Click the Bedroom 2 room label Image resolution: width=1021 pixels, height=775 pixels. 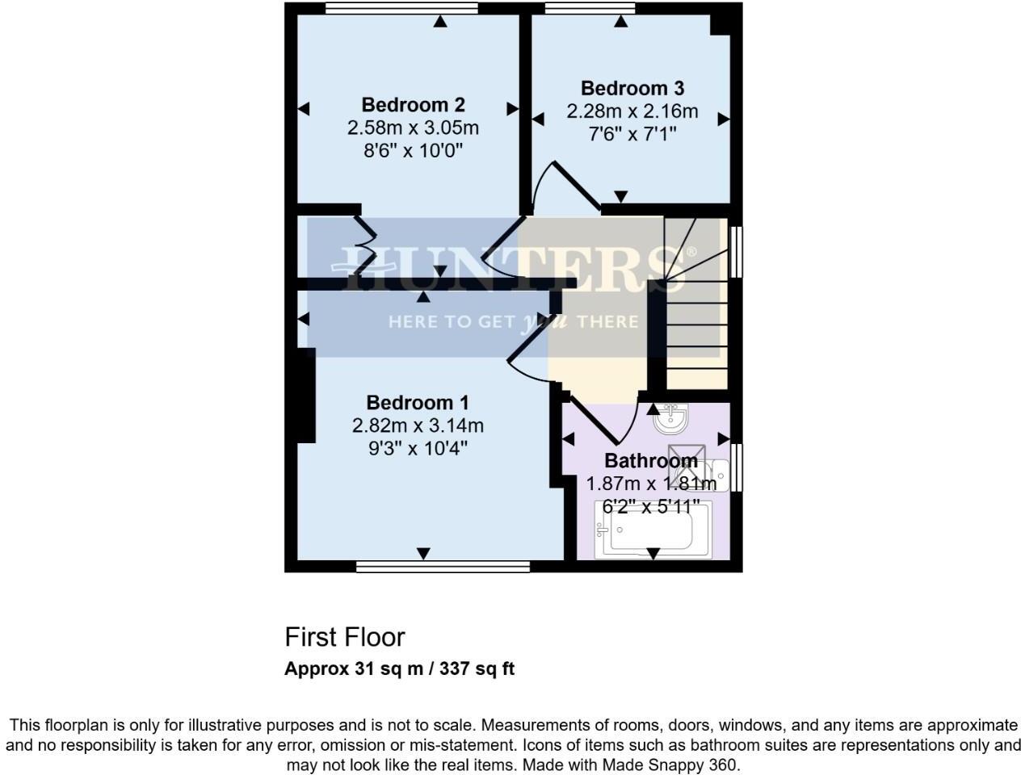(413, 105)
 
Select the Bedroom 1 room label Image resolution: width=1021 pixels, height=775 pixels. (418, 402)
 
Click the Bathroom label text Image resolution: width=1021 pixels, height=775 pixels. (651, 461)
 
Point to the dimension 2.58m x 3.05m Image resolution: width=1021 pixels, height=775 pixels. (413, 128)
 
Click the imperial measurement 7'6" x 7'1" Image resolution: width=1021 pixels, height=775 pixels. (632, 133)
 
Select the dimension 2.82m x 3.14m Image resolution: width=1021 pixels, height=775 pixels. (418, 425)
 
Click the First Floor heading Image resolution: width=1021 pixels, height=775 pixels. (345, 637)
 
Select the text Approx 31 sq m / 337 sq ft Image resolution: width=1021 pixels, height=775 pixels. (399, 668)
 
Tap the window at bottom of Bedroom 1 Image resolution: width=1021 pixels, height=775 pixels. (443, 567)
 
